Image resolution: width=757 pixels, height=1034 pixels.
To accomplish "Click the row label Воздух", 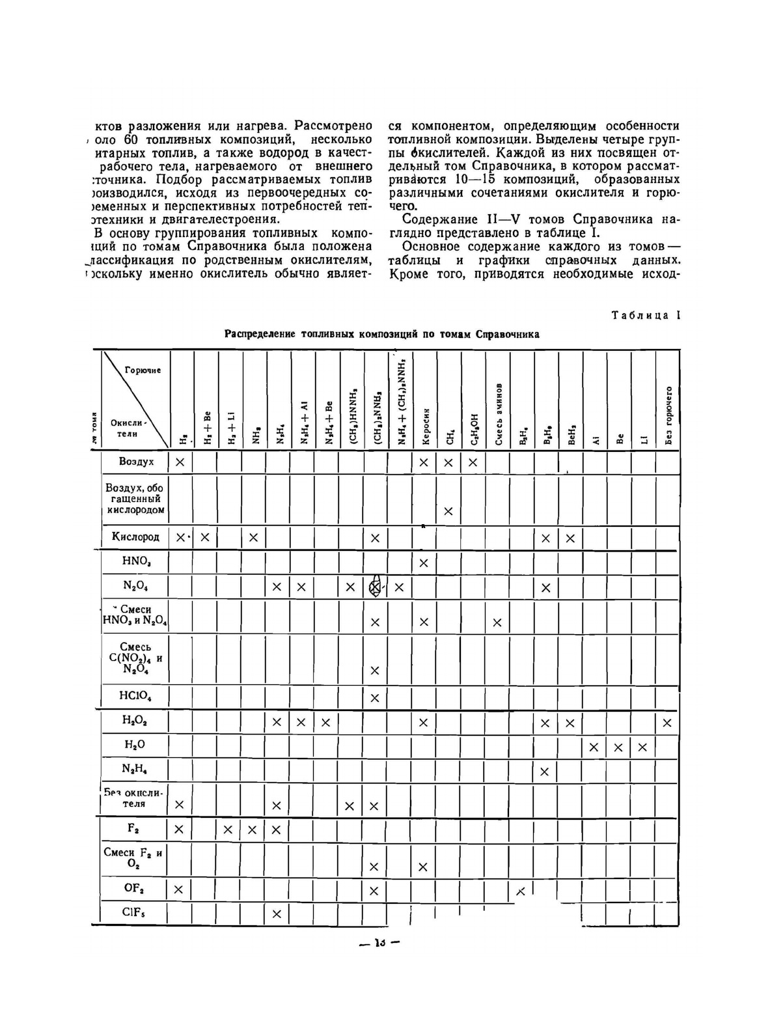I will coord(136,462).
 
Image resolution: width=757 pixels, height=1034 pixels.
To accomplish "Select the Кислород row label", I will coord(135,537).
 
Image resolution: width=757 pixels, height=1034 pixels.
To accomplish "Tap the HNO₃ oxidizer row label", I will coord(136,561).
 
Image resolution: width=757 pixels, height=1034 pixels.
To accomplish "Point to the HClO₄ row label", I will coord(135,695).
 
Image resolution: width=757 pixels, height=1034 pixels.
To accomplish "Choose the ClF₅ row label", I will coord(133,912).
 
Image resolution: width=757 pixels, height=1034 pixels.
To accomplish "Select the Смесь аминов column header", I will coord(499,413).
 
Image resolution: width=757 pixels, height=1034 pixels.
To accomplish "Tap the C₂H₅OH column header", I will coord(474,429).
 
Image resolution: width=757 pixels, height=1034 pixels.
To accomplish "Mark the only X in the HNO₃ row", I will coord(424,563).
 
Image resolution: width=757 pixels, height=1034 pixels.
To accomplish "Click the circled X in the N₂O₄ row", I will coord(376,587).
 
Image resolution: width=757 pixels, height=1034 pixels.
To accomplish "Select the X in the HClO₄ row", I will coord(375,698).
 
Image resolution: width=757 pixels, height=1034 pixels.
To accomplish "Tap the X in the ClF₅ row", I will coord(276,914).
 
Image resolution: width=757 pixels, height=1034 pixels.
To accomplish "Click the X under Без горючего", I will coord(667,723).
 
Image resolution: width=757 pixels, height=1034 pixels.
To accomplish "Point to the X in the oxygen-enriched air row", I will coord(448,511).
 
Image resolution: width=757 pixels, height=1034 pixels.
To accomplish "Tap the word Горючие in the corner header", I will coord(143,370).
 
